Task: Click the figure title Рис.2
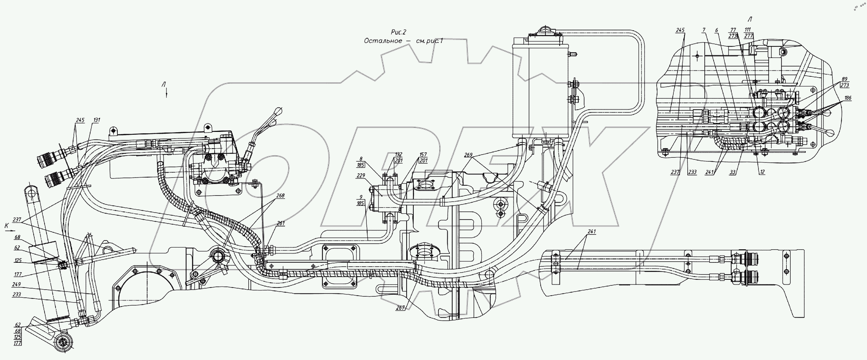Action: pos(398,33)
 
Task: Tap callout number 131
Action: pos(97,120)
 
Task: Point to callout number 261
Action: pos(281,223)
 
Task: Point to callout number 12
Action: pos(762,172)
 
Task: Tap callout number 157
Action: pos(423,155)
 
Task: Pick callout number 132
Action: pos(398,155)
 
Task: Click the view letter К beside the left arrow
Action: pos(6,225)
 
